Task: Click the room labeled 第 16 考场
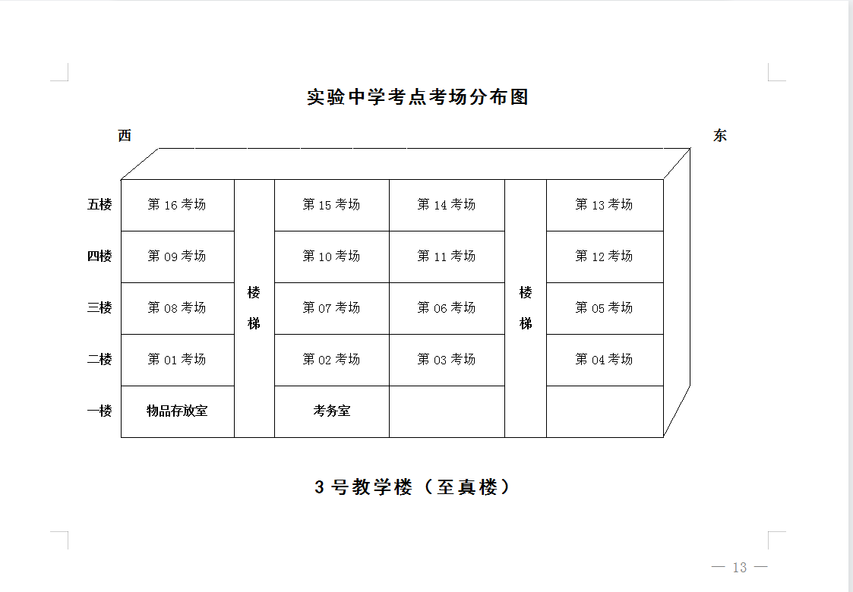click(x=177, y=206)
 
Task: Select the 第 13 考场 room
click(x=605, y=206)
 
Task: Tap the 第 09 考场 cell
click(x=177, y=257)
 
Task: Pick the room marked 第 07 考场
click(x=332, y=308)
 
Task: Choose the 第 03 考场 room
click(x=447, y=360)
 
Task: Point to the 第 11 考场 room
click(x=447, y=257)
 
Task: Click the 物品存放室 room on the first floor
click(x=177, y=411)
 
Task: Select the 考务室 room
click(x=332, y=411)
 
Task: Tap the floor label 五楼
click(x=100, y=204)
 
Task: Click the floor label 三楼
click(x=100, y=307)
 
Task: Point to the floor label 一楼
click(x=100, y=411)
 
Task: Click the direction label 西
click(x=125, y=135)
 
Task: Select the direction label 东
click(x=720, y=135)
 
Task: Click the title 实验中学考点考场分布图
click(x=418, y=96)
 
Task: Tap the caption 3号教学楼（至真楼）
click(x=413, y=487)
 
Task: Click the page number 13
click(x=740, y=568)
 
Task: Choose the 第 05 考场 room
click(x=605, y=308)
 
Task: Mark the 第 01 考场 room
click(x=177, y=360)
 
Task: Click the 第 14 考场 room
click(x=447, y=206)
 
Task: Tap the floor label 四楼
click(x=100, y=256)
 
